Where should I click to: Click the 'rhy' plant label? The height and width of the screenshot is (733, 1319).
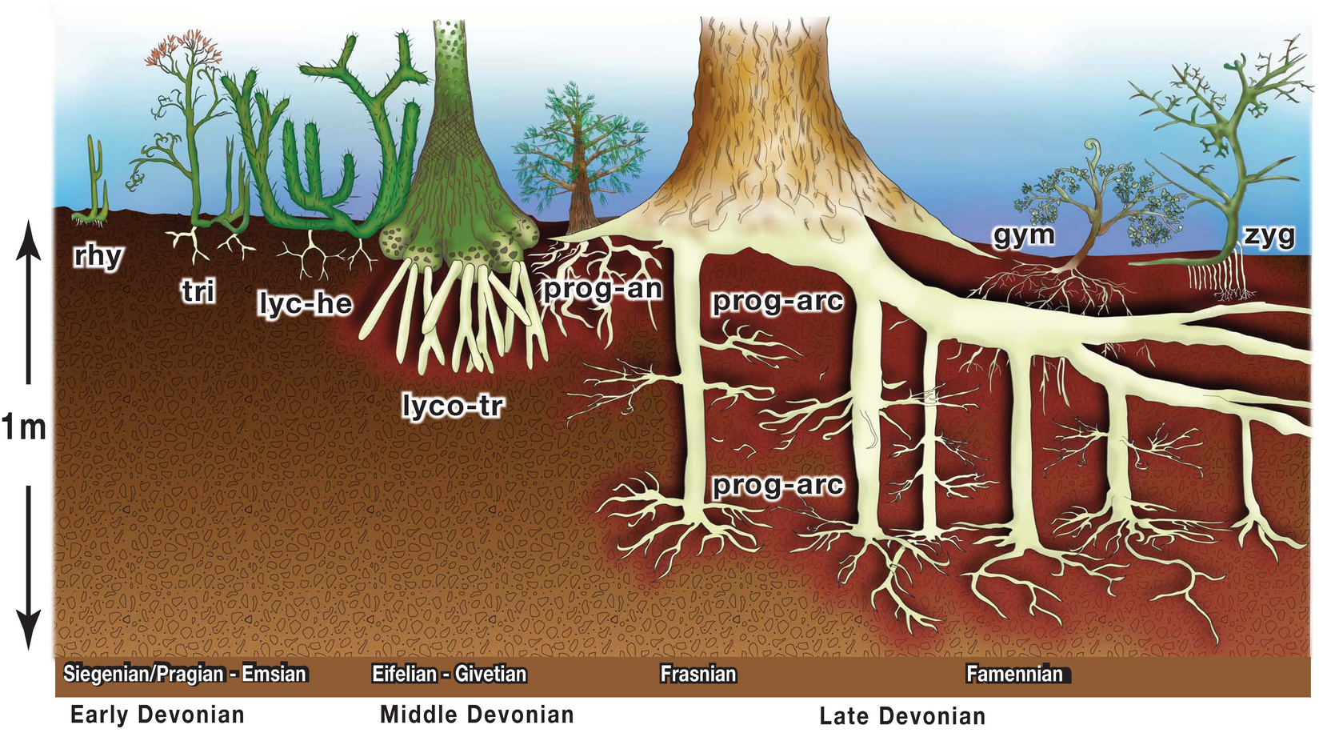(98, 257)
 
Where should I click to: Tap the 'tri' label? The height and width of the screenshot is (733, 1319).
(198, 291)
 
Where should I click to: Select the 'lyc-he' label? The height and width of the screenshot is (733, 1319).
(306, 304)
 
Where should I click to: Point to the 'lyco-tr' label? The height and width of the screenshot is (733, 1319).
(453, 406)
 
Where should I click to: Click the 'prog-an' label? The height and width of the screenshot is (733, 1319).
(602, 290)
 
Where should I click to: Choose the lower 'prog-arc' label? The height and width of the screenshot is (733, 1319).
(777, 486)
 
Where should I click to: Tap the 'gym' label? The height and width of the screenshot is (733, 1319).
(1024, 236)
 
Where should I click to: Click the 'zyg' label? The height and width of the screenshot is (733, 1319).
(1269, 237)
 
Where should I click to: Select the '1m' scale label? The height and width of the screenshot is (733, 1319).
(24, 427)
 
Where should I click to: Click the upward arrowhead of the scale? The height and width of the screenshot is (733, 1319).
(28, 239)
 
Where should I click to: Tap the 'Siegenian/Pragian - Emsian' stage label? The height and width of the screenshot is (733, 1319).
(186, 674)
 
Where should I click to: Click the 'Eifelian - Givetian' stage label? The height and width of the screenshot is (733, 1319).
(450, 674)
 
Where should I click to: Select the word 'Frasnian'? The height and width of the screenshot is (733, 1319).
(698, 674)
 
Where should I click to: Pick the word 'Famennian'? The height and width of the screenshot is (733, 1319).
(1014, 674)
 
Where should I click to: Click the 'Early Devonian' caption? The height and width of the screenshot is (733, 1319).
(158, 715)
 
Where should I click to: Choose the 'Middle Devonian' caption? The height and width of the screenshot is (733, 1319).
(477, 715)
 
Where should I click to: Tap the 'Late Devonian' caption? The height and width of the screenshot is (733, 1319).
(903, 716)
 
